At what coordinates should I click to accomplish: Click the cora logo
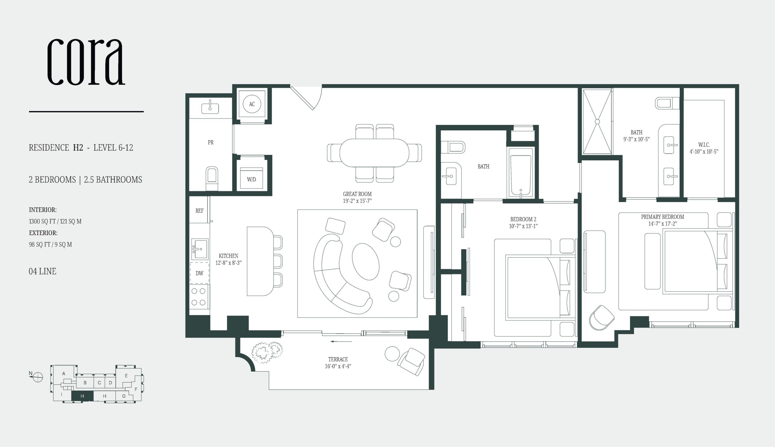point(86,62)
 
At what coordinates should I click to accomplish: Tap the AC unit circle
point(252,104)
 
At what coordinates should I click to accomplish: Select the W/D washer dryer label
point(252,179)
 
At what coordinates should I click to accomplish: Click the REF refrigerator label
point(199,211)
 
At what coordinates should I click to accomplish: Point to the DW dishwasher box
point(199,273)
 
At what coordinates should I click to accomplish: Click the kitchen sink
point(200,249)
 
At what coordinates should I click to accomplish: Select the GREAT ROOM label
point(357,194)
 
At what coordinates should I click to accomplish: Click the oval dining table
point(374,152)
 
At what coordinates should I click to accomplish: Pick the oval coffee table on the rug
point(366,261)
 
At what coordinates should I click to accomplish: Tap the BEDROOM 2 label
point(523,219)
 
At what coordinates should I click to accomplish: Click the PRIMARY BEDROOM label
point(662,217)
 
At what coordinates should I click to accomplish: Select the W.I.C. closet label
point(704,145)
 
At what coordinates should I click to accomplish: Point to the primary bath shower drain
point(597,122)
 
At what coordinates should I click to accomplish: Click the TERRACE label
point(338,359)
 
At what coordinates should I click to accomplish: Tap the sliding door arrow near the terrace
point(341,341)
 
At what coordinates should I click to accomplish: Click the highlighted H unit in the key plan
point(82,396)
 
